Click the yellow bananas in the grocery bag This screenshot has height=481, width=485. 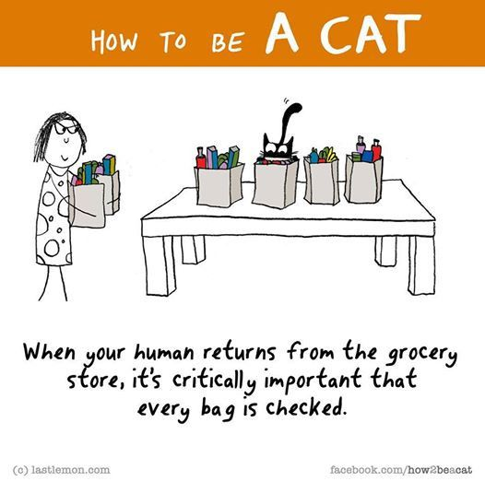pyautogui.click(x=331, y=155)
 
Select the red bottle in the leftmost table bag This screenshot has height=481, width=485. pyautogui.click(x=201, y=158)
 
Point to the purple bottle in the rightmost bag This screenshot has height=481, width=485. pyautogui.click(x=361, y=145)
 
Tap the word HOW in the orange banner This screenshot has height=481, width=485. pyautogui.click(x=113, y=41)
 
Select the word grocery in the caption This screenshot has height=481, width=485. pyautogui.click(x=422, y=354)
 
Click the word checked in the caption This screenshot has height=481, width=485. pyautogui.click(x=304, y=408)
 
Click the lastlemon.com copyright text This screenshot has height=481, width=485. pyautogui.click(x=61, y=470)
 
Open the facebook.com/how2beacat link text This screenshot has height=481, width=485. pyautogui.click(x=401, y=470)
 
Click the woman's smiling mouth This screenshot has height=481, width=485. pyautogui.click(x=64, y=158)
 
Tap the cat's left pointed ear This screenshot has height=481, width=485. pyautogui.click(x=266, y=138)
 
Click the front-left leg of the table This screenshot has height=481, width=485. pyautogui.click(x=160, y=265)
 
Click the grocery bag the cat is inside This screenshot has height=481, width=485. pyautogui.click(x=276, y=183)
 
